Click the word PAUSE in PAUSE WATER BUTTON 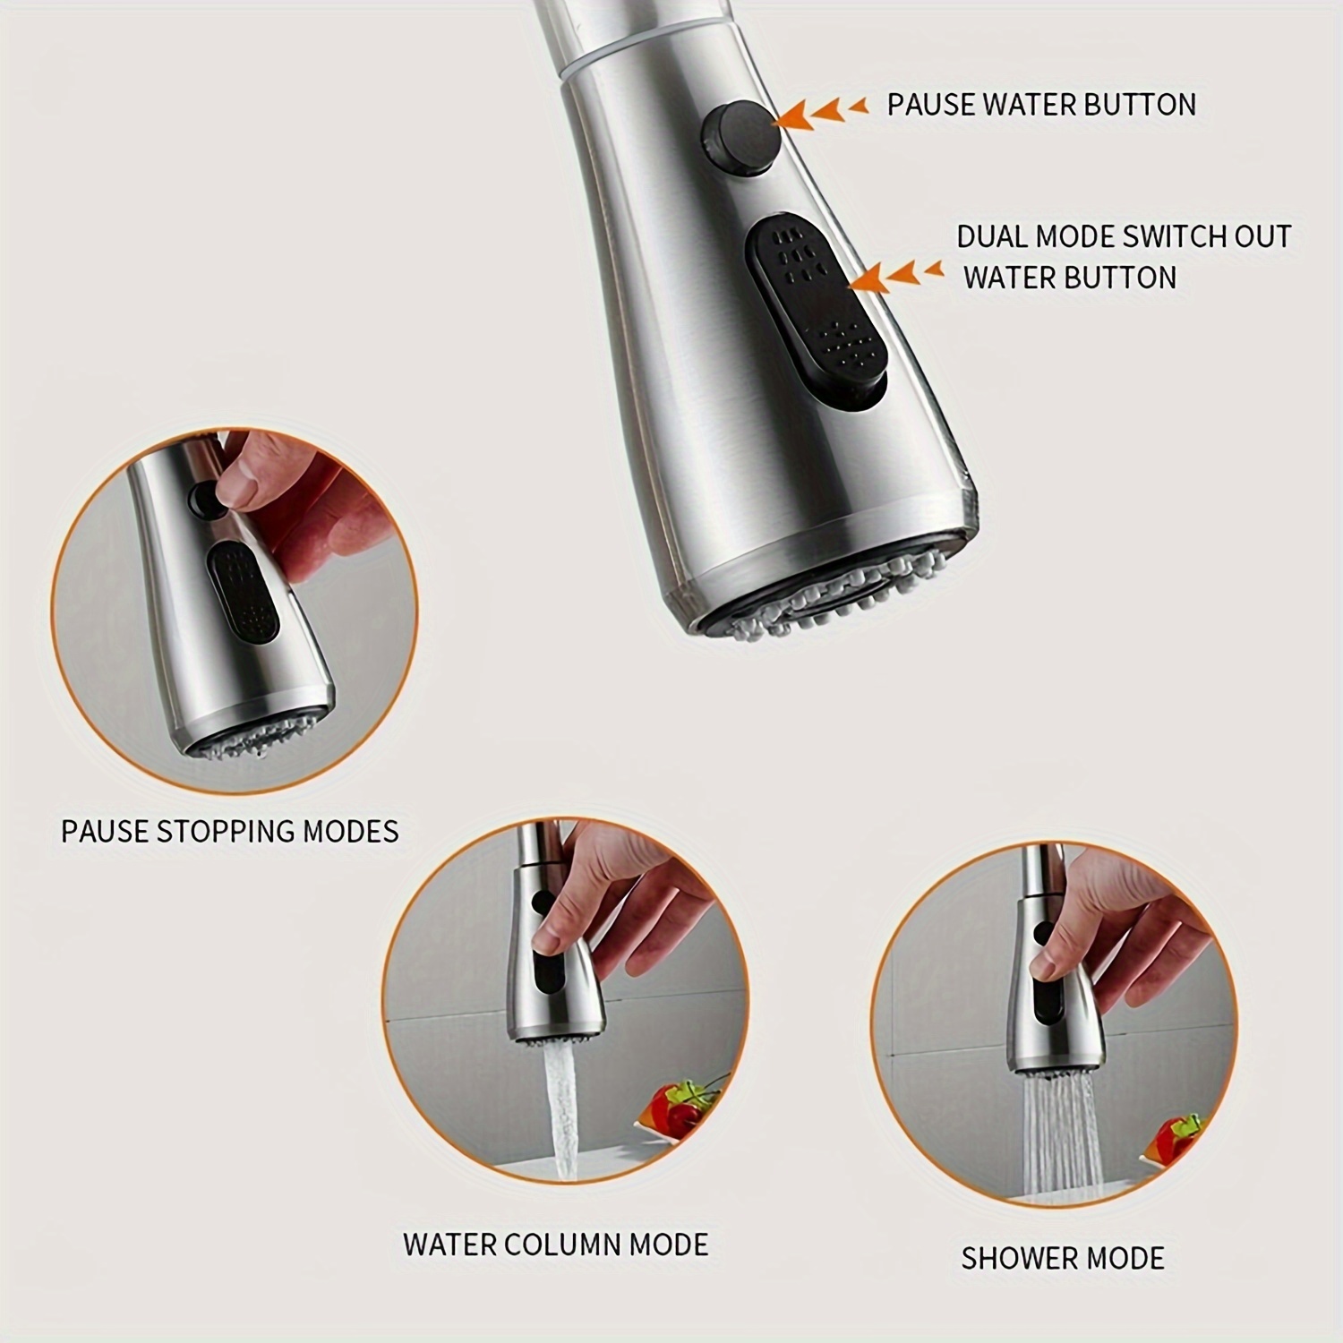931,105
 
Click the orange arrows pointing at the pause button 823,112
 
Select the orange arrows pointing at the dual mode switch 896,274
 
